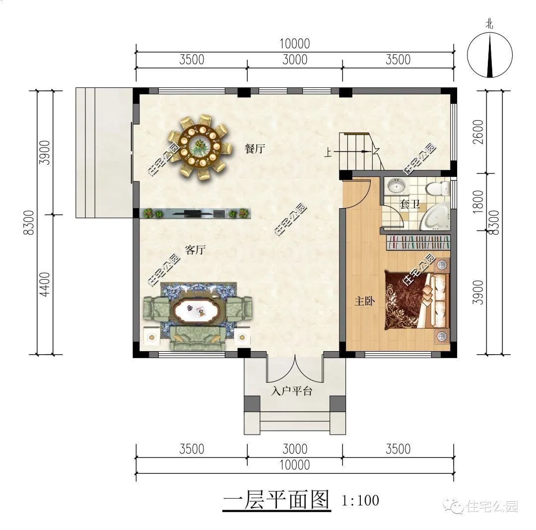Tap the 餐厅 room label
point(254,149)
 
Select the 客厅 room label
point(195,250)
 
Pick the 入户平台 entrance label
point(292,391)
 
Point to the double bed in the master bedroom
point(416,300)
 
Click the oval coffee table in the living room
point(197,311)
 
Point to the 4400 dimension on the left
point(44,285)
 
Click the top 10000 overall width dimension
point(295,44)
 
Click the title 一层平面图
point(276,500)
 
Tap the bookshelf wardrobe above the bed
point(418,243)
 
